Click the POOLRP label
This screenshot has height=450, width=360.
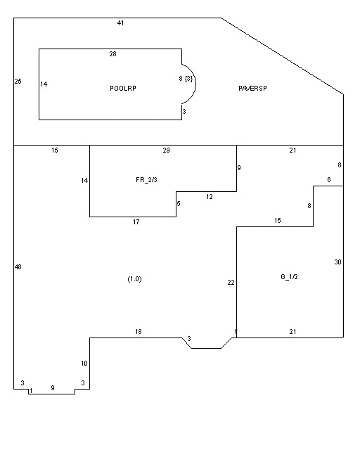pyautogui.click(x=123, y=88)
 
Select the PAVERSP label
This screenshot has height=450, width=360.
pyautogui.click(x=252, y=88)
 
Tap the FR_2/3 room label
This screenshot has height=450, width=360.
pyautogui.click(x=146, y=180)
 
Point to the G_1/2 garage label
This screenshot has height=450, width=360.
pyautogui.click(x=289, y=277)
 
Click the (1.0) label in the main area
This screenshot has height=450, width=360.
pyautogui.click(x=134, y=279)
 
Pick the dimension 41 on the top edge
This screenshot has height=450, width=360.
pyautogui.click(x=120, y=23)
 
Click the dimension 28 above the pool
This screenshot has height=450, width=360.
pyautogui.click(x=112, y=53)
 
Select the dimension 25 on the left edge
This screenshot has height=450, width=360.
pyautogui.click(x=18, y=82)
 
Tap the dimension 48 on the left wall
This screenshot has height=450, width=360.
pyautogui.click(x=18, y=267)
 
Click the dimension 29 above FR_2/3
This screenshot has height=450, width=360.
pyautogui.click(x=166, y=150)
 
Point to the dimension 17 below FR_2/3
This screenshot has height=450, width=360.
pyautogui.click(x=136, y=222)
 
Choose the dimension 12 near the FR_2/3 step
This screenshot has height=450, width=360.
pyautogui.click(x=210, y=197)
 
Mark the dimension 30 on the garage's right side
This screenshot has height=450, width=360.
pyautogui.click(x=337, y=262)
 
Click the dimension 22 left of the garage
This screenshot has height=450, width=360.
pyautogui.click(x=231, y=283)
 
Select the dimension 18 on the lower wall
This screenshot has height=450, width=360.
pyautogui.click(x=139, y=331)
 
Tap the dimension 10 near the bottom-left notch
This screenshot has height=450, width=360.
pyautogui.click(x=84, y=364)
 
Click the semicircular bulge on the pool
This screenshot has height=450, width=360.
pyautogui.click(x=195, y=84)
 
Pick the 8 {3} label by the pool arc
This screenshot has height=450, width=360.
pyautogui.click(x=186, y=78)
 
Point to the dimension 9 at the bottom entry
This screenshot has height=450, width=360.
pyautogui.click(x=53, y=387)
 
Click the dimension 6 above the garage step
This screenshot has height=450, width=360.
pyautogui.click(x=329, y=180)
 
